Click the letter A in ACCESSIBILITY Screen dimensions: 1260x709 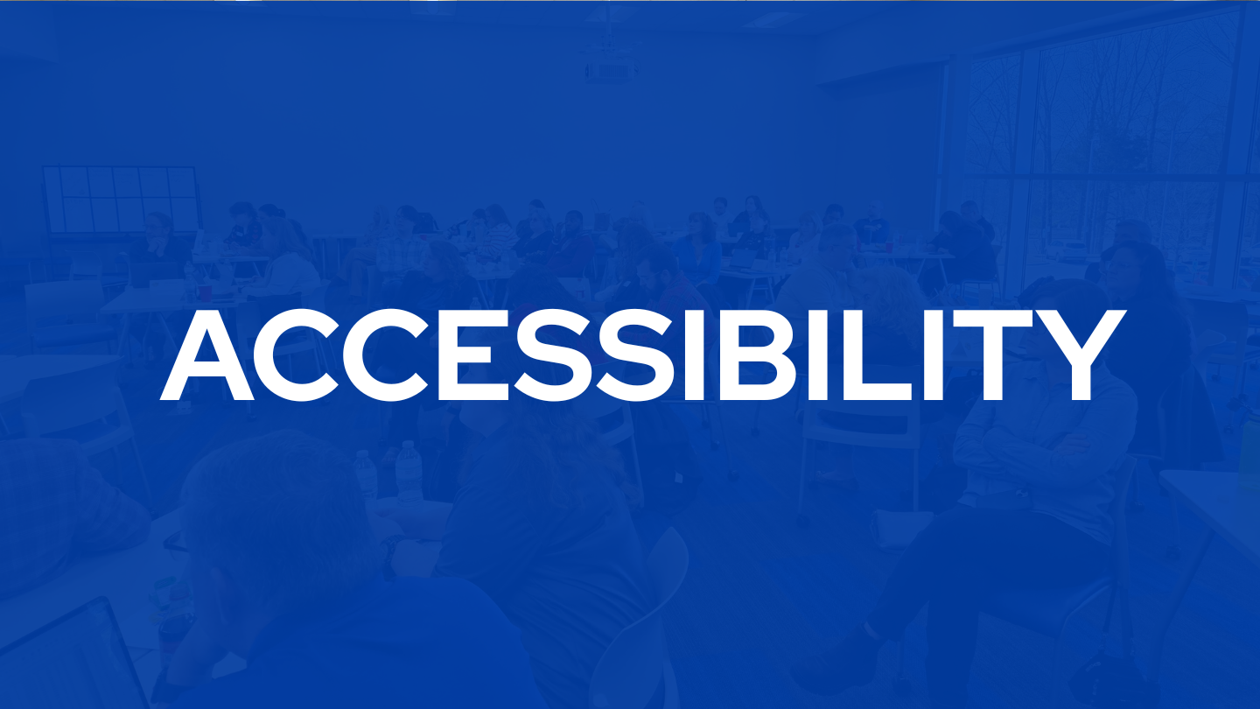pos(207,355)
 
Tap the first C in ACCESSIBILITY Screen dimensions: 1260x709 pos(297,355)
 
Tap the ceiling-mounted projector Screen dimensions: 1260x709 pos(612,70)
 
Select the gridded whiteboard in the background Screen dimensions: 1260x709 pos(121,200)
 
